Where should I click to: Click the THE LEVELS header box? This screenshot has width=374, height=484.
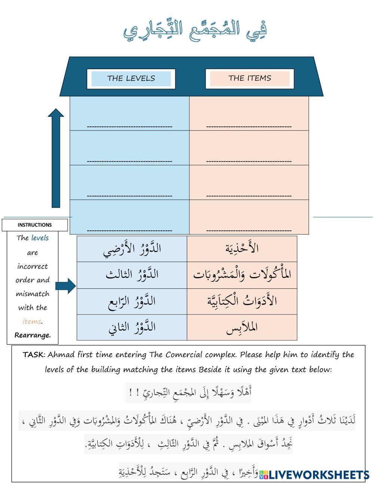tap(131, 79)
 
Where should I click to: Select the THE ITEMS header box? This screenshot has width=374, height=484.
tap(249, 78)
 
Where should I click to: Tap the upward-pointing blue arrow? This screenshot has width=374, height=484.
tap(56, 157)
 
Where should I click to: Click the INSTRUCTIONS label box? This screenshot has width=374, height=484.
tap(35, 225)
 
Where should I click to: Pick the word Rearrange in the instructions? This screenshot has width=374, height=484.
tap(33, 335)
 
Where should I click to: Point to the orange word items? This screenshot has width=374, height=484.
tap(32, 321)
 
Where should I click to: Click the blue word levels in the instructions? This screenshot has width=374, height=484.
tap(40, 238)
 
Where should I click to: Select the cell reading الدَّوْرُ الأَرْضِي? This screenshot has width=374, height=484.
tap(132, 249)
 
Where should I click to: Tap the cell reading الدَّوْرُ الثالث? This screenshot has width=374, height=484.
tap(132, 275)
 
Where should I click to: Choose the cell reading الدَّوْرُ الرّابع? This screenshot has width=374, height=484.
tap(132, 301)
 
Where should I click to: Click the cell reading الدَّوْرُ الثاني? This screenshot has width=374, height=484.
tap(132, 327)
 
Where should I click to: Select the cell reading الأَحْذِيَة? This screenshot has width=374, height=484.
tap(242, 249)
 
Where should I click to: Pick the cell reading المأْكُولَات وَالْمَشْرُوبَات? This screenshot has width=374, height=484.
tap(242, 275)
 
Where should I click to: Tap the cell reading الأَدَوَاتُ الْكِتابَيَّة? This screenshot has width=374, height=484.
tap(242, 301)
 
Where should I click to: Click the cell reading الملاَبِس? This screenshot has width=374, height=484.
tap(242, 327)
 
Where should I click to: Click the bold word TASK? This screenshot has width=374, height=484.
tap(33, 355)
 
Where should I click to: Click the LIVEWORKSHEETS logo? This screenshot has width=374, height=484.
tap(314, 475)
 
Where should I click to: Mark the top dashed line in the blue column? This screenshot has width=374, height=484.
tap(129, 126)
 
